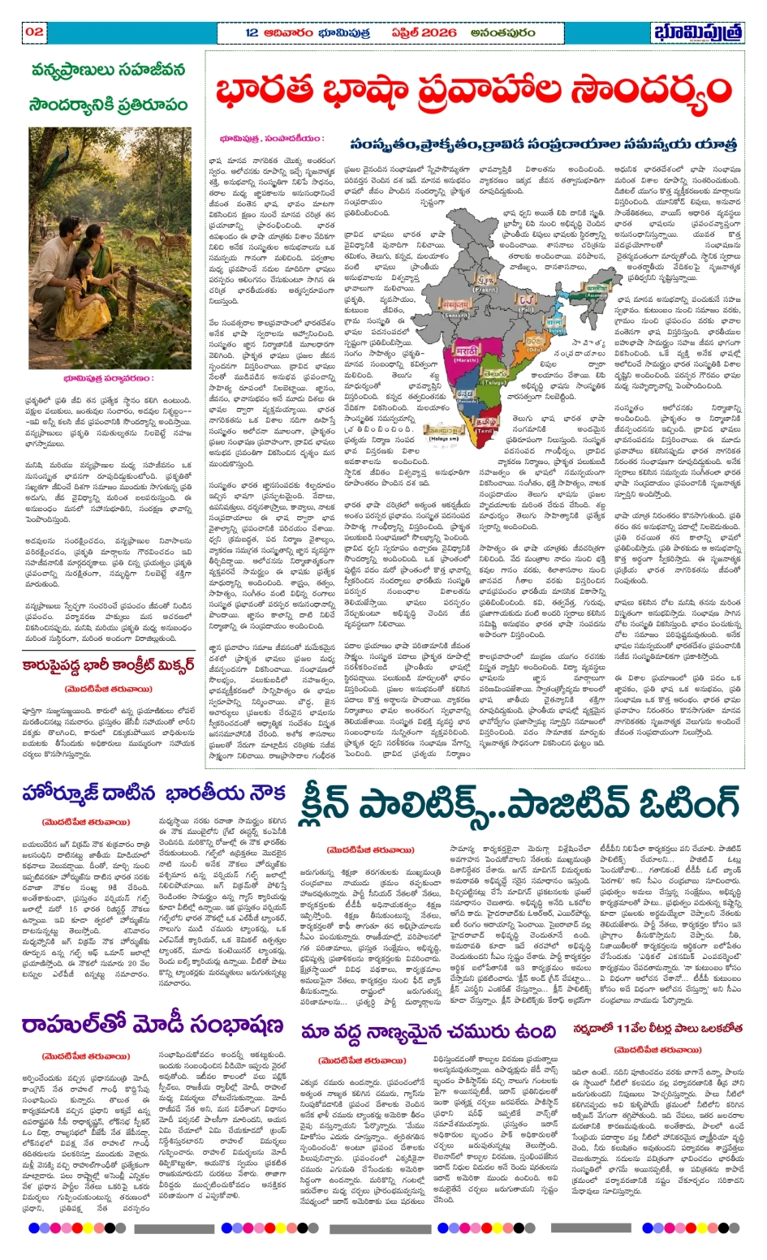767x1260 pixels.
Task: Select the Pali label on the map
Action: [x=528, y=309]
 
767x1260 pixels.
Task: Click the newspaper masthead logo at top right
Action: [x=697, y=32]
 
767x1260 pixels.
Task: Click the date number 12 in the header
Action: [x=252, y=32]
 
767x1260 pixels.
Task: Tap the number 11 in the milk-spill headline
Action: [x=625, y=1028]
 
